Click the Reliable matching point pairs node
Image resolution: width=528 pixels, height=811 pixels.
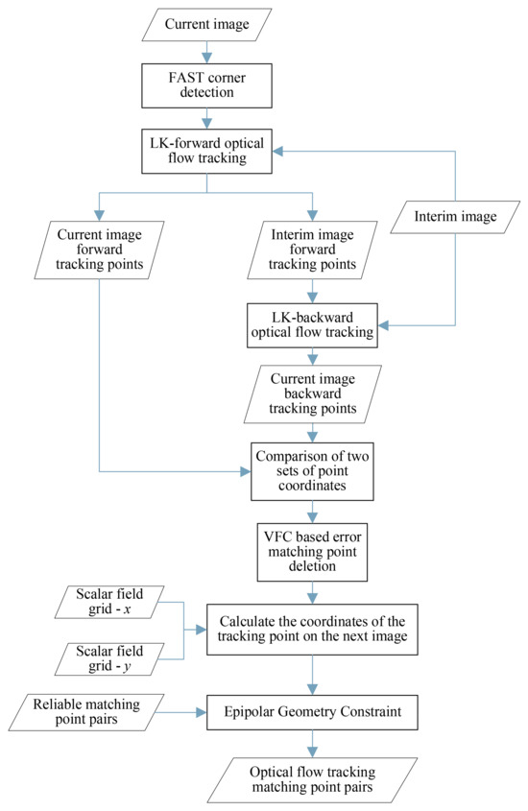pyautogui.click(x=91, y=713)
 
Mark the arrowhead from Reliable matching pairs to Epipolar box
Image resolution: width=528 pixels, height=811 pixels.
pyautogui.click(x=200, y=713)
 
